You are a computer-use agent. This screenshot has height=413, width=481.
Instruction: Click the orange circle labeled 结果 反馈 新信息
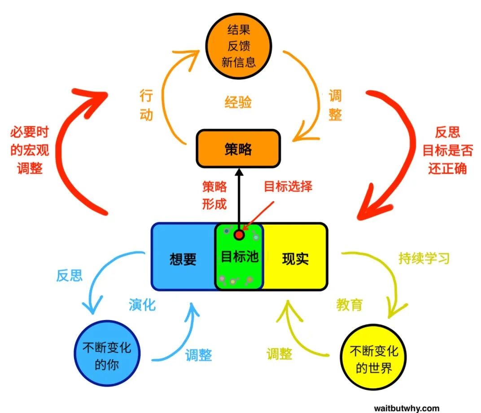tap(239, 46)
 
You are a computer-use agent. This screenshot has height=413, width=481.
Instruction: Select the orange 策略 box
tap(238, 149)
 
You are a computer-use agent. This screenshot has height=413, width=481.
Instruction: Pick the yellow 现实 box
tap(295, 258)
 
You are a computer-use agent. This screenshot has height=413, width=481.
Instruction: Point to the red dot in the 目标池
tap(239, 234)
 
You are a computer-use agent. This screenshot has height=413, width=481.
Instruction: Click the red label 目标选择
tap(288, 187)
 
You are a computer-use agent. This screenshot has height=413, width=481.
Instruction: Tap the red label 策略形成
tap(214, 196)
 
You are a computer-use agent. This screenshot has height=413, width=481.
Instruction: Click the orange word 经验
tap(238, 102)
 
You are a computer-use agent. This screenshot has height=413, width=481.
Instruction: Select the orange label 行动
tap(146, 105)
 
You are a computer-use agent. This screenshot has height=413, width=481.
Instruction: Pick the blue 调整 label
tap(198, 355)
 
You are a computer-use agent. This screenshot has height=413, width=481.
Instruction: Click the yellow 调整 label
tap(279, 354)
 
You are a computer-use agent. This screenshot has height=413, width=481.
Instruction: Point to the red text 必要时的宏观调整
tap(30, 150)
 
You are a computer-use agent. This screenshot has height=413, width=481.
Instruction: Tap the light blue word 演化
tap(142, 305)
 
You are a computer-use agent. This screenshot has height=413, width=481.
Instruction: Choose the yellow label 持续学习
tap(424, 259)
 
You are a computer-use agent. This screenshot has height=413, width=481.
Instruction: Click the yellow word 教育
tap(349, 305)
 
